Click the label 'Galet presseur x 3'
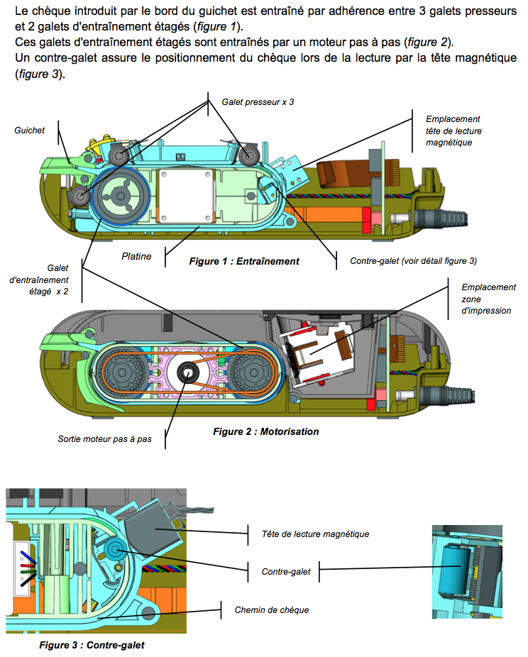(258, 102)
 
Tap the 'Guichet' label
(29, 131)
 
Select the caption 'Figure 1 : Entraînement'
(244, 261)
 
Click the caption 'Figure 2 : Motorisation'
(266, 431)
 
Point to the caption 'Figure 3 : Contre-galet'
(92, 645)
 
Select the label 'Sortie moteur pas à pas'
(104, 439)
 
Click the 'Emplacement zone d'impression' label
(488, 299)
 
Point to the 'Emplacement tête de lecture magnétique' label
(453, 131)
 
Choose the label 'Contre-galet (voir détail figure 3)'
(413, 261)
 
